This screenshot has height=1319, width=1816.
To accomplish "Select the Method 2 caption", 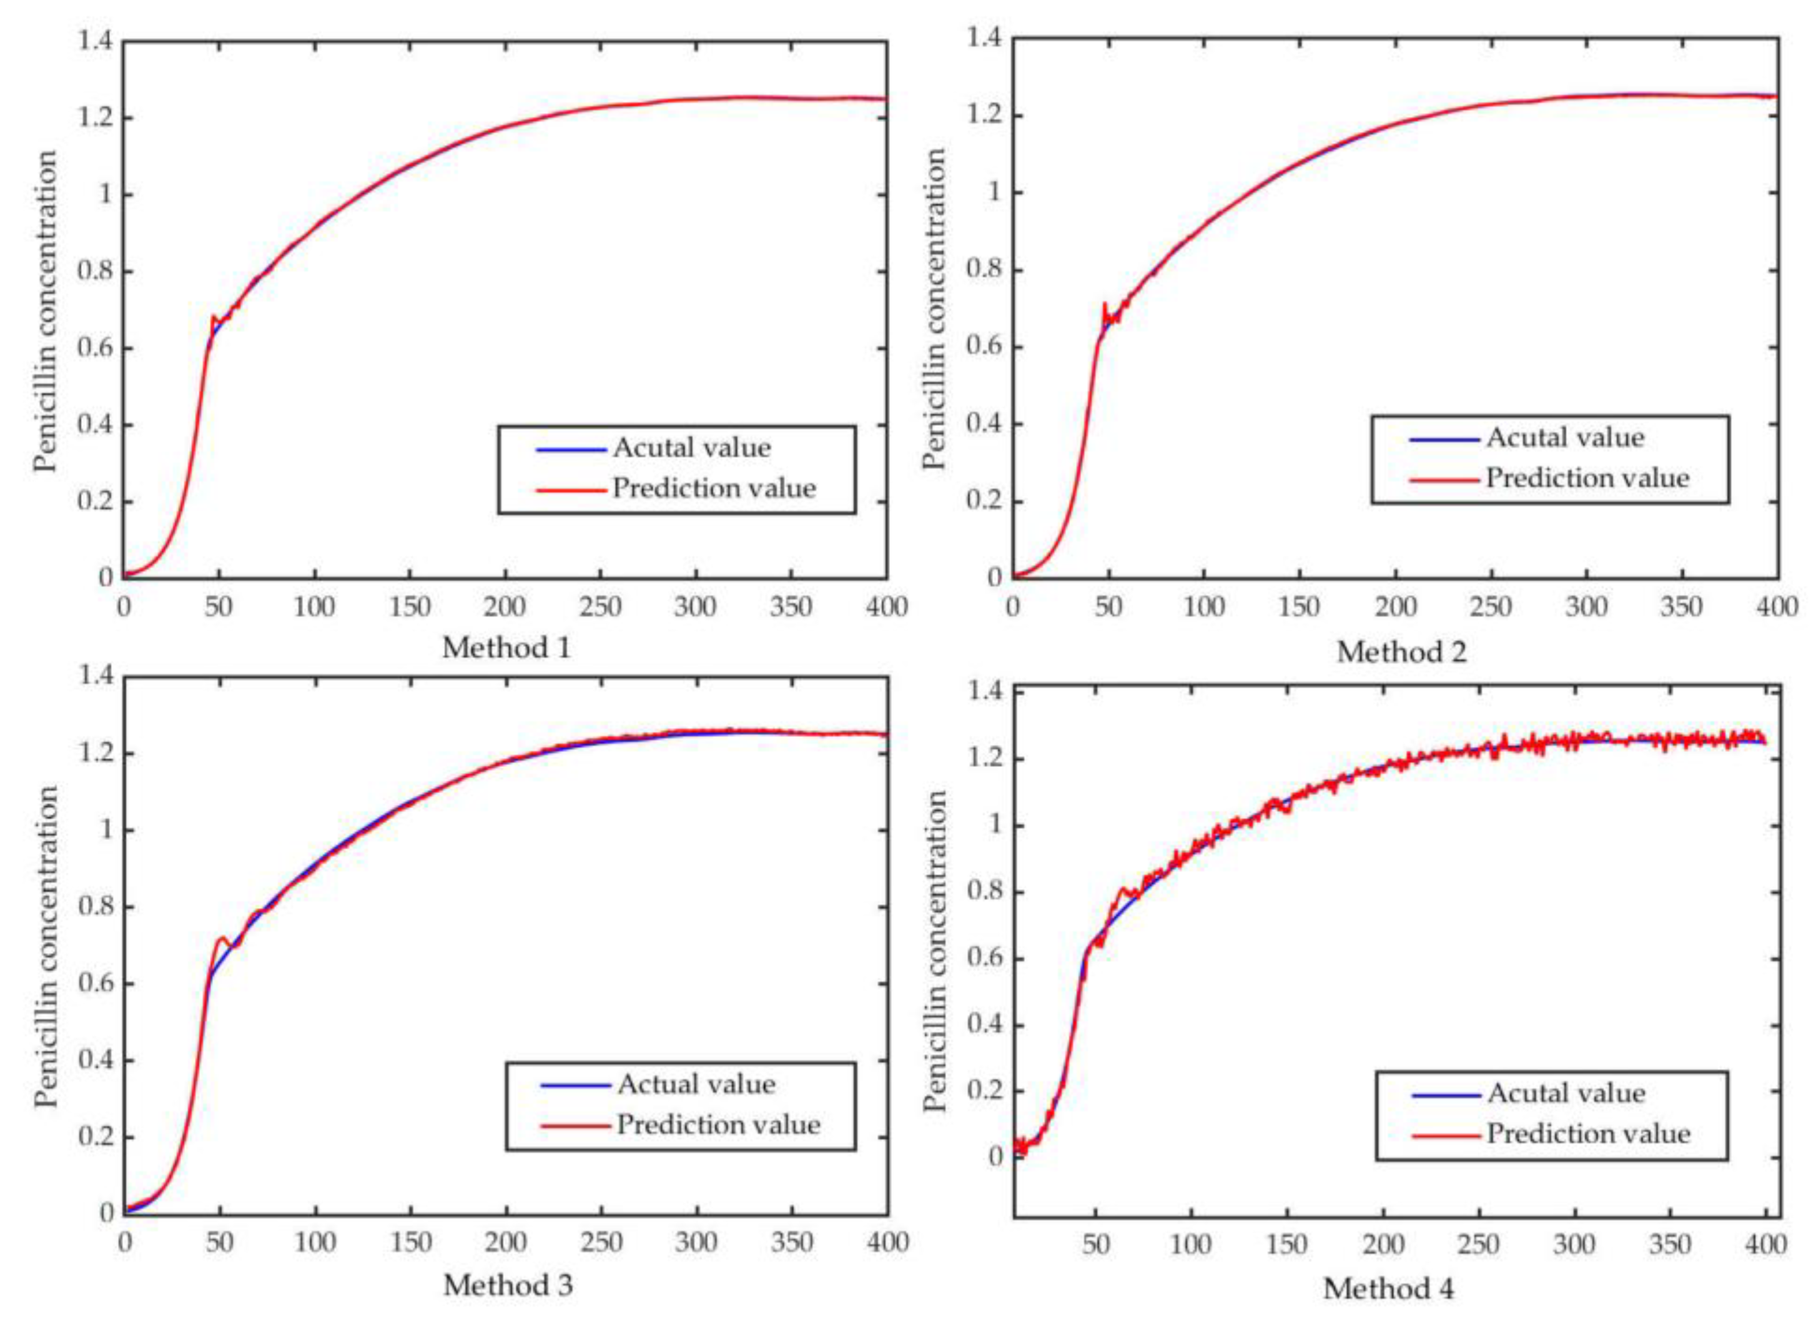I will [1401, 652].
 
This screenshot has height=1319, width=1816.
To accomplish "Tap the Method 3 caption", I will [508, 1285].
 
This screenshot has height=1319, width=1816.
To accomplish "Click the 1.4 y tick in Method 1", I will [96, 40].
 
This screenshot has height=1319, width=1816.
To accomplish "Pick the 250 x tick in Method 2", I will [1490, 607].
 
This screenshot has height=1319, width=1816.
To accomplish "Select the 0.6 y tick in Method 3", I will [96, 984].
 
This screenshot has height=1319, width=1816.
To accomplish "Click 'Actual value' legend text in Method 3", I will [696, 1084].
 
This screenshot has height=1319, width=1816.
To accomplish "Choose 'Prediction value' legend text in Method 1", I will [713, 488].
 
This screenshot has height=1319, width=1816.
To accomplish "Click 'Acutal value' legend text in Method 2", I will [1566, 437].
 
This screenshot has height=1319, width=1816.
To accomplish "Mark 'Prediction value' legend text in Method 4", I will [1589, 1133].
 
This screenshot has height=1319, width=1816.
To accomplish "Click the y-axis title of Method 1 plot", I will [46, 311].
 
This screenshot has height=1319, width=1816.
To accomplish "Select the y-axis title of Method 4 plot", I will [934, 951].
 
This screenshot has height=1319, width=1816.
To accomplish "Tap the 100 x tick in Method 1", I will [314, 607].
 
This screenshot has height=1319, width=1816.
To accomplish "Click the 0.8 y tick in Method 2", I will [984, 270].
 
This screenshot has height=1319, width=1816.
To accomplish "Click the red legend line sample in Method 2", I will [1444, 480].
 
